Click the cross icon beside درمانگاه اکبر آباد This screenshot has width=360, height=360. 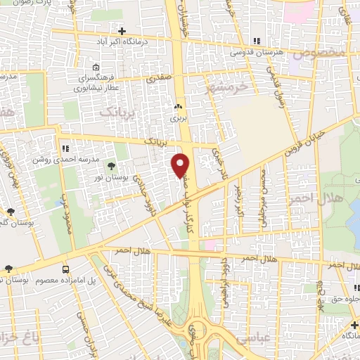122,31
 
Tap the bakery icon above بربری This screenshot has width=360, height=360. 178,107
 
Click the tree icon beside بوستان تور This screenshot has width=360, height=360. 111,167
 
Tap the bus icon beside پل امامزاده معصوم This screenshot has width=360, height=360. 65,269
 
